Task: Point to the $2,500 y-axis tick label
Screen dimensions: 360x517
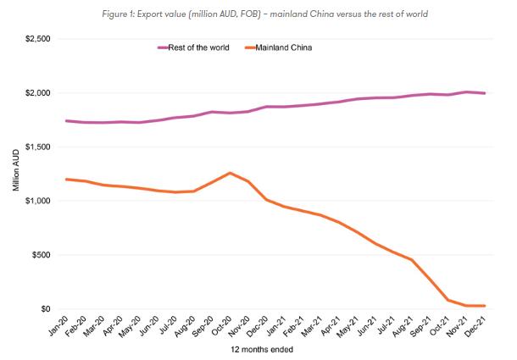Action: [35, 39]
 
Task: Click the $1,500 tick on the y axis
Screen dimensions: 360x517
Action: [35, 147]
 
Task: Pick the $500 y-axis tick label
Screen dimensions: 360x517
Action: [38, 255]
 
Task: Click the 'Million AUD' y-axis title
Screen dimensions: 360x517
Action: [16, 174]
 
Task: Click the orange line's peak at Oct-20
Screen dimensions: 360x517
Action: [230, 173]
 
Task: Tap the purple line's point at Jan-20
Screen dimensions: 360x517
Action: [66, 121]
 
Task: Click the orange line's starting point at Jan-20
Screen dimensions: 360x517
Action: [66, 179]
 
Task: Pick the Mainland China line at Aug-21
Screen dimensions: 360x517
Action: [412, 259]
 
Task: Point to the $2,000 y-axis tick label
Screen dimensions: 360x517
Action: [35, 93]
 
